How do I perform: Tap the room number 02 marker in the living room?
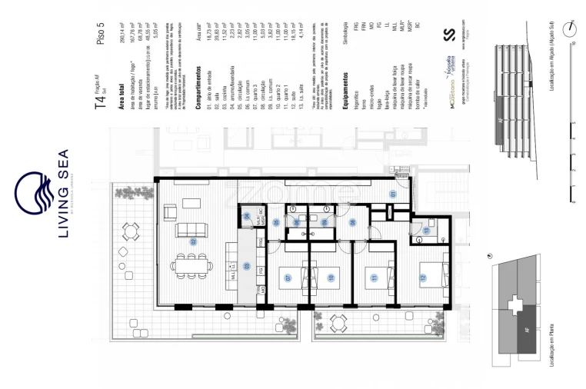coord(195,241)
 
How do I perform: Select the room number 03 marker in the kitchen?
coord(246,266)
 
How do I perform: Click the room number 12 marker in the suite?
coord(422,277)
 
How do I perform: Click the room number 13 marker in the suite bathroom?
coord(425,231)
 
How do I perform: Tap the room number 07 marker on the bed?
coord(288,278)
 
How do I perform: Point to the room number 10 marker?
coord(331,278)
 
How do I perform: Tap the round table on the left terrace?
coord(131,231)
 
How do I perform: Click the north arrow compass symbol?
coord(570,29)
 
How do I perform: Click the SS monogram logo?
coord(451,35)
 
